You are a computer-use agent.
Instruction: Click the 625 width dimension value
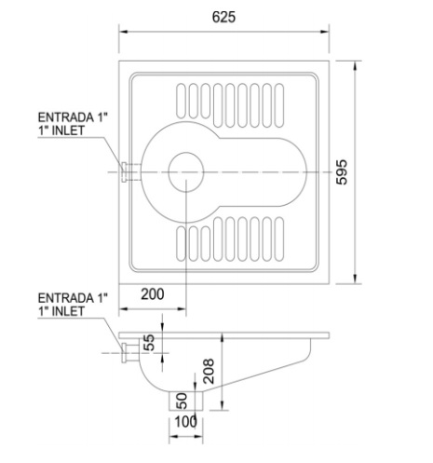tap(223, 17)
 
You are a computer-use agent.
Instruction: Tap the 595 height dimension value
tap(342, 172)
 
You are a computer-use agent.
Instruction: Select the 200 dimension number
tap(153, 294)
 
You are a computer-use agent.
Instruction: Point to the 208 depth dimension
tap(209, 371)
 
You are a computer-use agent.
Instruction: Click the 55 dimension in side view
tap(149, 342)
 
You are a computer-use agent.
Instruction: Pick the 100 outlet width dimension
tap(185, 422)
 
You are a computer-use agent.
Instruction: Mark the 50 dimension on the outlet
tap(182, 401)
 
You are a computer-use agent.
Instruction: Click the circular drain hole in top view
tap(186, 172)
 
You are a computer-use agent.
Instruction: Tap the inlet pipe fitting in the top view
tap(131, 172)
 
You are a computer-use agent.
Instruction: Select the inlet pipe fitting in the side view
tap(130, 353)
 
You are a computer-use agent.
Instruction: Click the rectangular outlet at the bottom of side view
tap(186, 401)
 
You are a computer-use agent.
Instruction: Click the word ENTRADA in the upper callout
tap(66, 117)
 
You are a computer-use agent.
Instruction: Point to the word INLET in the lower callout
tap(68, 311)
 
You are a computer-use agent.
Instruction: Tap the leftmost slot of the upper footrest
tap(181, 101)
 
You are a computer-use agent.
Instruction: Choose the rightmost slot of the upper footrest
tap(279, 105)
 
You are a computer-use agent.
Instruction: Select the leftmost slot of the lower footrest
tap(181, 244)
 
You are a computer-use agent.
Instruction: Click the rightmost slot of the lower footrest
tap(279, 239)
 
